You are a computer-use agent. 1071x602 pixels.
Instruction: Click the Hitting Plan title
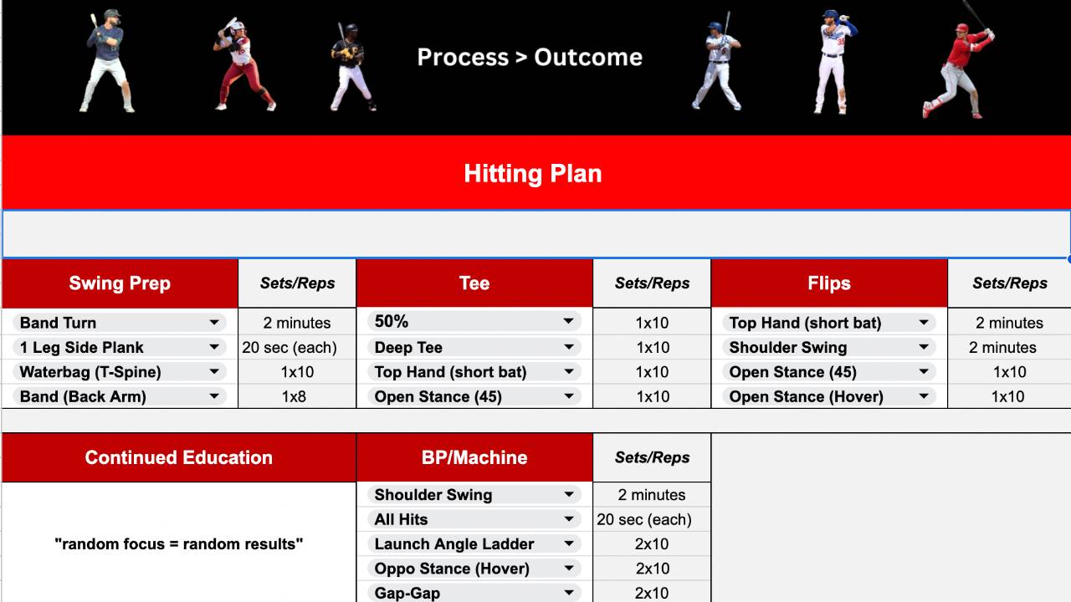click(533, 174)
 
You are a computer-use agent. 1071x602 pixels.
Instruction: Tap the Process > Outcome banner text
click(530, 57)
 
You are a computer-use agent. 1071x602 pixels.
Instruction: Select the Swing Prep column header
click(120, 283)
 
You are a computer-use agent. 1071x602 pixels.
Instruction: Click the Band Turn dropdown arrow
click(214, 323)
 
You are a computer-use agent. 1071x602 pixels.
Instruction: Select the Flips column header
click(829, 283)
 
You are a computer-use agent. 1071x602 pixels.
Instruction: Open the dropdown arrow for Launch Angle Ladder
click(569, 543)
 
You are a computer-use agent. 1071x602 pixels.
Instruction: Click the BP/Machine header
click(474, 457)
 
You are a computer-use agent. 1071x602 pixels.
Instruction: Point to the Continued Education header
click(179, 457)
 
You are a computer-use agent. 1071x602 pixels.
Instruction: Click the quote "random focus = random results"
click(179, 543)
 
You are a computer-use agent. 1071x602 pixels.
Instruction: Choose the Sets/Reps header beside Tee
click(652, 283)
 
